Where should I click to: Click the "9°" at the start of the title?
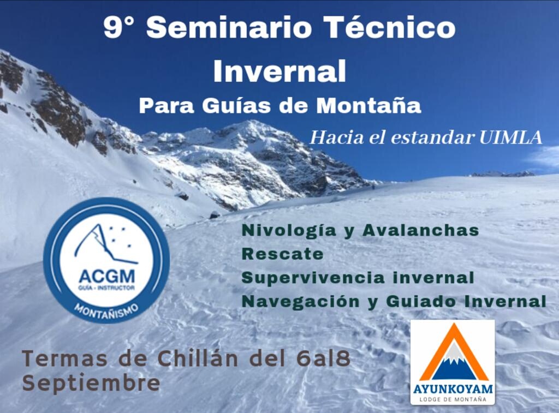coord(118,28)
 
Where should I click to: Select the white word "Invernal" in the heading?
coord(279,70)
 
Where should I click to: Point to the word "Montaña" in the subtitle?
coord(369,105)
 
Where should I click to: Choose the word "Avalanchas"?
coord(421,230)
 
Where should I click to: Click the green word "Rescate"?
coord(282,254)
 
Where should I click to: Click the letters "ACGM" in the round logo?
coord(106,276)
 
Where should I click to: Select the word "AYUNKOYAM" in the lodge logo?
coord(453,389)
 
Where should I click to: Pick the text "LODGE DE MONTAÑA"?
coord(453,399)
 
